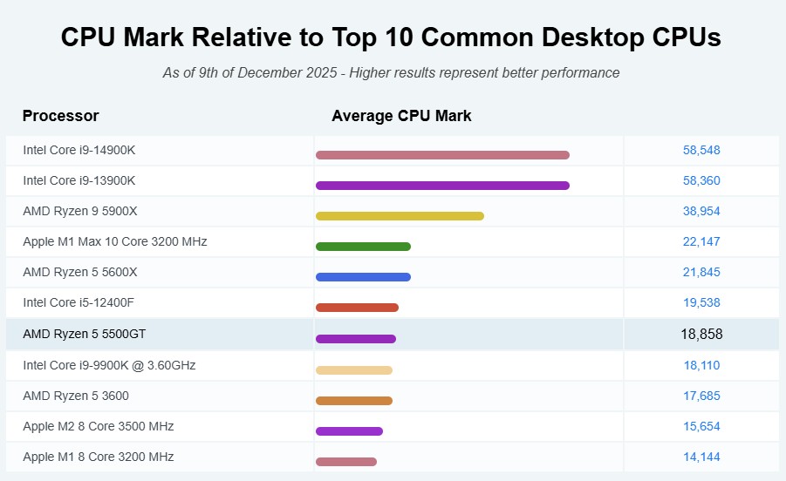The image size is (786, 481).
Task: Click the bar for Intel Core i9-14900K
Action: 442,155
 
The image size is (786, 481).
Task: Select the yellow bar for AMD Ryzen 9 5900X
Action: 400,216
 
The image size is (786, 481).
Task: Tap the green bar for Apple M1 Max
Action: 363,247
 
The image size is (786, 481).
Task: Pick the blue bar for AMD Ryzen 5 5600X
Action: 363,277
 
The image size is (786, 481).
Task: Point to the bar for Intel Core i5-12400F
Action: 357,308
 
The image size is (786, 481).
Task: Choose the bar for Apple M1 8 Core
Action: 346,462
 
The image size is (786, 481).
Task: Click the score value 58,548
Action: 701,150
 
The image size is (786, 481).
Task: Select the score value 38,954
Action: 701,211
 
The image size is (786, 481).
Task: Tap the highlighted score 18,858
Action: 701,334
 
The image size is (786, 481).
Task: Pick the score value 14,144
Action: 701,457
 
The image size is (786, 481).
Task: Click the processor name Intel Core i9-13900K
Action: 79,180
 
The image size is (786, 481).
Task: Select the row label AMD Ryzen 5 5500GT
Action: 85,334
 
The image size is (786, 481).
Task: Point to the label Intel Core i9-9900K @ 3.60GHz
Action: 109,365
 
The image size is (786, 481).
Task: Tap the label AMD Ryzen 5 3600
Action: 76,396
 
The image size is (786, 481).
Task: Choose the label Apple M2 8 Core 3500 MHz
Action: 99,426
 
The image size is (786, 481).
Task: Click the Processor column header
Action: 61,116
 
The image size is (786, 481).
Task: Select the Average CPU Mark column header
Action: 401,116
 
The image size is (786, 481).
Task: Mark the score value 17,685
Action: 701,396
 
